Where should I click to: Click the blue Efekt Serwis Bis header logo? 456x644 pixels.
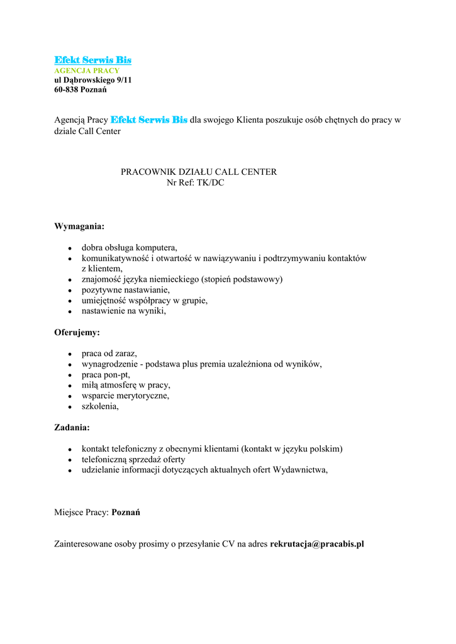click(x=92, y=60)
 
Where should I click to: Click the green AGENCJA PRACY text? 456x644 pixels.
click(x=87, y=70)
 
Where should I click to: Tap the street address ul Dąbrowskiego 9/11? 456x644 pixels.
click(x=93, y=80)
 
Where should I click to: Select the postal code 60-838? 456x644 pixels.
click(x=65, y=90)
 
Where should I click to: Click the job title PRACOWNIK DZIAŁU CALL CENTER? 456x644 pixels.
click(x=199, y=172)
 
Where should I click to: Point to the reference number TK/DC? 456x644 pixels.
click(x=210, y=182)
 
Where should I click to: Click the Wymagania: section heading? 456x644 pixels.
click(x=79, y=226)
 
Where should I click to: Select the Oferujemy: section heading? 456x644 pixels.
click(x=77, y=331)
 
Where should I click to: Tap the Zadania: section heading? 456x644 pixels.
click(x=72, y=427)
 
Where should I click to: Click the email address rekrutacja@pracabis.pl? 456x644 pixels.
click(x=317, y=544)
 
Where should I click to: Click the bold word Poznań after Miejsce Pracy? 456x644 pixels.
click(x=126, y=512)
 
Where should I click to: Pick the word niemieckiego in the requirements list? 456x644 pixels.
click(x=173, y=279)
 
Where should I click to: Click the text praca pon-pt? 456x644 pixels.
click(x=106, y=375)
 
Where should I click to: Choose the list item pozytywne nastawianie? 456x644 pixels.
click(x=125, y=290)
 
